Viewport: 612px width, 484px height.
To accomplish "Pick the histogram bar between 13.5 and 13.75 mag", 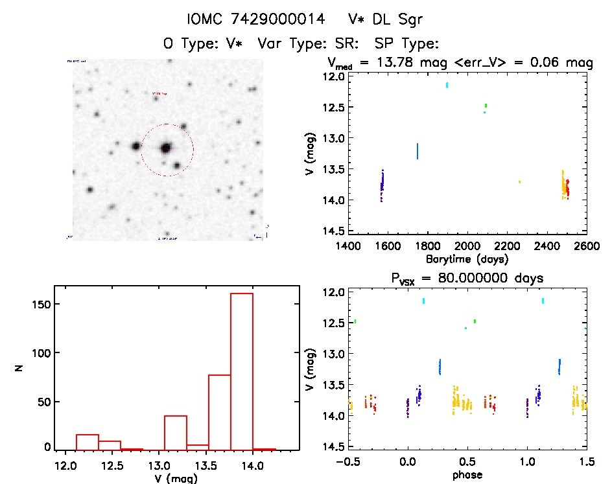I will (x=220, y=411).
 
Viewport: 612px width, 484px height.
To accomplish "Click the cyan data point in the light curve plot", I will (x=447, y=85).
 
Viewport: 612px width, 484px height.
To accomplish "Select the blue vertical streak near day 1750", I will (x=418, y=151).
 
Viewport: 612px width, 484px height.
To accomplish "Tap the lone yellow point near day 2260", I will (x=519, y=182).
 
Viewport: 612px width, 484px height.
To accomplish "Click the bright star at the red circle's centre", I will (x=165, y=148).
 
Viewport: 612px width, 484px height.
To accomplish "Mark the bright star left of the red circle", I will (x=136, y=146).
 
